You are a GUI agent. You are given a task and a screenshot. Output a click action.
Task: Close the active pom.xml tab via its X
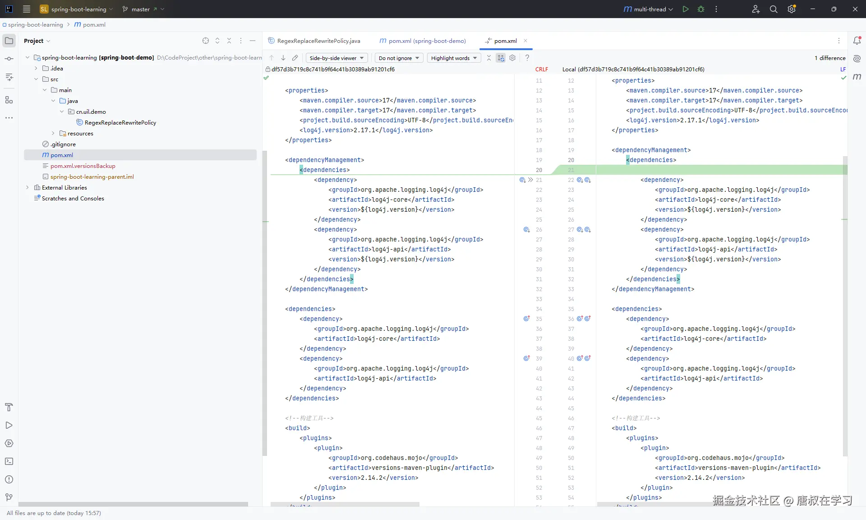pos(525,41)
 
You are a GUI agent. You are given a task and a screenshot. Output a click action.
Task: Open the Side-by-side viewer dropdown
pos(336,58)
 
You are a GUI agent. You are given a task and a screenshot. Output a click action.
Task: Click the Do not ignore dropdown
pos(399,58)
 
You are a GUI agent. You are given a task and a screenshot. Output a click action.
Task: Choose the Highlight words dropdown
pos(454,58)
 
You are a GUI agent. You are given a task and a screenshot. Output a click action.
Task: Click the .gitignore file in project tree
pos(63,144)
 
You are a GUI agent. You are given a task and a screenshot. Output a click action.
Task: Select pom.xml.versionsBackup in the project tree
pos(83,166)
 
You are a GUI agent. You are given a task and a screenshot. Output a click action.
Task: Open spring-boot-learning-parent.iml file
pos(92,176)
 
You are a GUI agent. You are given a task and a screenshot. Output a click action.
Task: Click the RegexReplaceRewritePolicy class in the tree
pos(120,122)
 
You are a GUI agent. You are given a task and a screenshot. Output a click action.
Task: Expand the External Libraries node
pos(28,187)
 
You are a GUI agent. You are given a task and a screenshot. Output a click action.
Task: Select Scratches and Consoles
pos(73,198)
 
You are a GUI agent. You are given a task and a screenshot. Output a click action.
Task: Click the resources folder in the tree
pos(80,133)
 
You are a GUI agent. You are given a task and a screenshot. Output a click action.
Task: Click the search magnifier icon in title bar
pos(774,9)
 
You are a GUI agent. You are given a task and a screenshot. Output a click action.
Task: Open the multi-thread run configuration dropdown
pos(648,9)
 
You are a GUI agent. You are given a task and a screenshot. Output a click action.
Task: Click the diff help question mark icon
pos(527,58)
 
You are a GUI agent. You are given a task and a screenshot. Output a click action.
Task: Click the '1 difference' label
pos(830,58)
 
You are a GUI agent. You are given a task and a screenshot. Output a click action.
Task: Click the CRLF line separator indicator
pos(542,69)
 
